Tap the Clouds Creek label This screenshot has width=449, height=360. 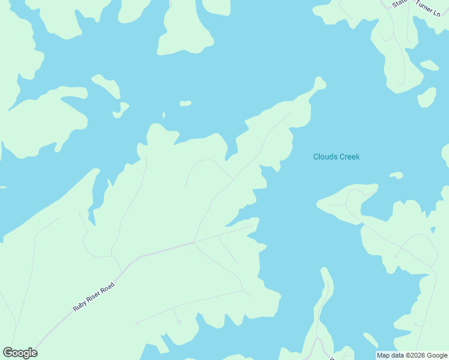click(x=336, y=157)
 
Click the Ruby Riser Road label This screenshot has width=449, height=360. click(x=94, y=296)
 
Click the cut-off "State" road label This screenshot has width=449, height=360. click(x=399, y=4)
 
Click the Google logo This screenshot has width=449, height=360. click(x=20, y=353)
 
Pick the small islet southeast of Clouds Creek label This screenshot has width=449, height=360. click(x=396, y=175)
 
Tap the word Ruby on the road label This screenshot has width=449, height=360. click(x=79, y=305)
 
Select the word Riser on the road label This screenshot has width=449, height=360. click(x=92, y=296)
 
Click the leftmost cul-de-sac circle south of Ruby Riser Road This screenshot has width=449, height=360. click(x=137, y=323)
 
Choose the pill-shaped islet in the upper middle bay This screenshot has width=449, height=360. click(x=185, y=103)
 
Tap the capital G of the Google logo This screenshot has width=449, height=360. click(x=8, y=353)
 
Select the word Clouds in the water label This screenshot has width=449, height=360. click(x=325, y=157)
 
